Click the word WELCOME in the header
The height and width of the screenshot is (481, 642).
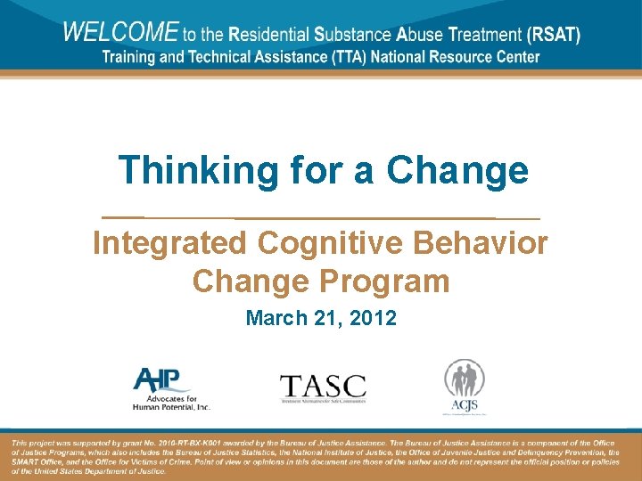[120, 33]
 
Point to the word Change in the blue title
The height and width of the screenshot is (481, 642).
[457, 169]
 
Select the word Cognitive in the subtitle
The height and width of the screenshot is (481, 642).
[330, 242]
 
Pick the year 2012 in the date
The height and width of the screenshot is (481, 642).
[374, 318]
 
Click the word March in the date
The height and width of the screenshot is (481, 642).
[273, 318]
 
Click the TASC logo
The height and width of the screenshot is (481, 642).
[323, 387]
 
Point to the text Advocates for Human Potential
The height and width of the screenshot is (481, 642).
[170, 403]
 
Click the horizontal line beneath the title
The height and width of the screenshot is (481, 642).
[321, 217]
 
